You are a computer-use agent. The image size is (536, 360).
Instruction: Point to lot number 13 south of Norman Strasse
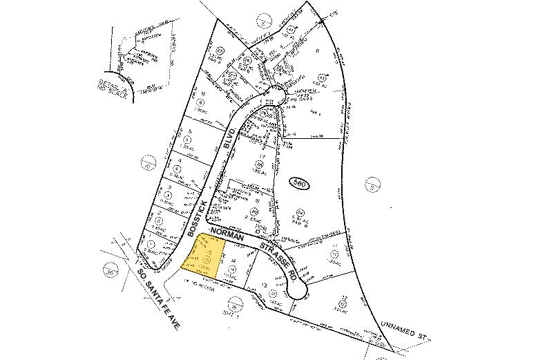265,285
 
